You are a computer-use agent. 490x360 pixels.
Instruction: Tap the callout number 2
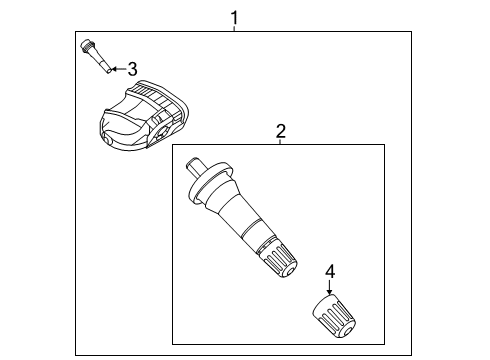pos(281,130)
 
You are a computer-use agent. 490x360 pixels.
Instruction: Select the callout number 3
pos(131,69)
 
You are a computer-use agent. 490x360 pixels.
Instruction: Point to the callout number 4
pos(330,270)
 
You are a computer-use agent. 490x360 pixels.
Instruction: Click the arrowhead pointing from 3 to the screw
pos(113,69)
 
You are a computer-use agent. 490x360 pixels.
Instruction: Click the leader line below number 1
pos(235,29)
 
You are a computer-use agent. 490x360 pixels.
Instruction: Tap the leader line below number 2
pos(281,142)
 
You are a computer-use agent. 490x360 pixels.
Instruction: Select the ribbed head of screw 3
pos(88,46)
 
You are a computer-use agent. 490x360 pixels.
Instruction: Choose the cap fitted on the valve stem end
pos(280,262)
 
